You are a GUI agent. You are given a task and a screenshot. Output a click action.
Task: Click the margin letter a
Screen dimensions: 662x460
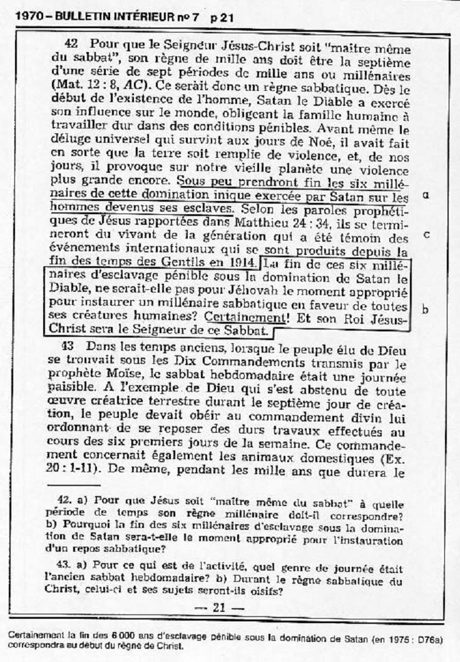pyautogui.click(x=426, y=195)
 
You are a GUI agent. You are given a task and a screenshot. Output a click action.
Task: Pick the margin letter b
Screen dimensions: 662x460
pyautogui.click(x=426, y=309)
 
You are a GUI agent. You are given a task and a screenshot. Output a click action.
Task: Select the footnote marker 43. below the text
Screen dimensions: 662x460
pyautogui.click(x=64, y=568)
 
